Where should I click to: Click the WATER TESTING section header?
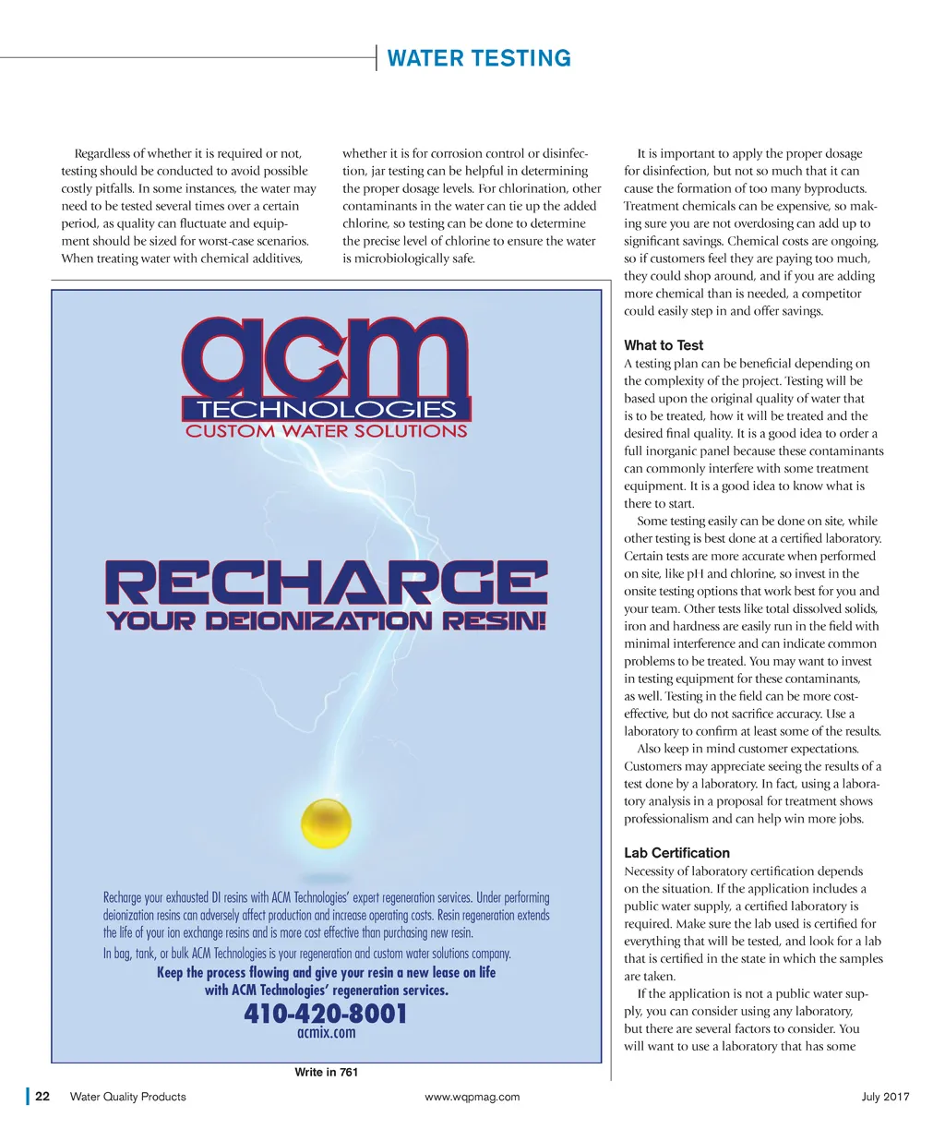pyautogui.click(x=479, y=59)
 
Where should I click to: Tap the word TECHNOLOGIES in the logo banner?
pyautogui.click(x=327, y=410)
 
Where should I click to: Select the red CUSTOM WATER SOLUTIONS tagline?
pyautogui.click(x=327, y=431)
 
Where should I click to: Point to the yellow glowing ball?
pyautogui.click(x=327, y=823)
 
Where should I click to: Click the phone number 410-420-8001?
pyautogui.click(x=326, y=1015)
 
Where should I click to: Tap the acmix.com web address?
pyautogui.click(x=326, y=1033)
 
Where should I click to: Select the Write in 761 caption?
pyautogui.click(x=326, y=1072)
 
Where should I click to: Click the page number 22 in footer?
pyautogui.click(x=42, y=1097)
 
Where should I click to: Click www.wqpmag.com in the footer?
pyautogui.click(x=472, y=1097)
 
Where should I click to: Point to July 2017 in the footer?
pyautogui.click(x=885, y=1097)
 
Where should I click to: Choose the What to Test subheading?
pyautogui.click(x=664, y=345)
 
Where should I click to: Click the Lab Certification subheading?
pyautogui.click(x=676, y=853)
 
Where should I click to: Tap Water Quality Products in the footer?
pyautogui.click(x=128, y=1097)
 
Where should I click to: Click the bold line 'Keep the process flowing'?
pyautogui.click(x=326, y=973)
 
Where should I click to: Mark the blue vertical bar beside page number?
pyautogui.click(x=28, y=1097)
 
